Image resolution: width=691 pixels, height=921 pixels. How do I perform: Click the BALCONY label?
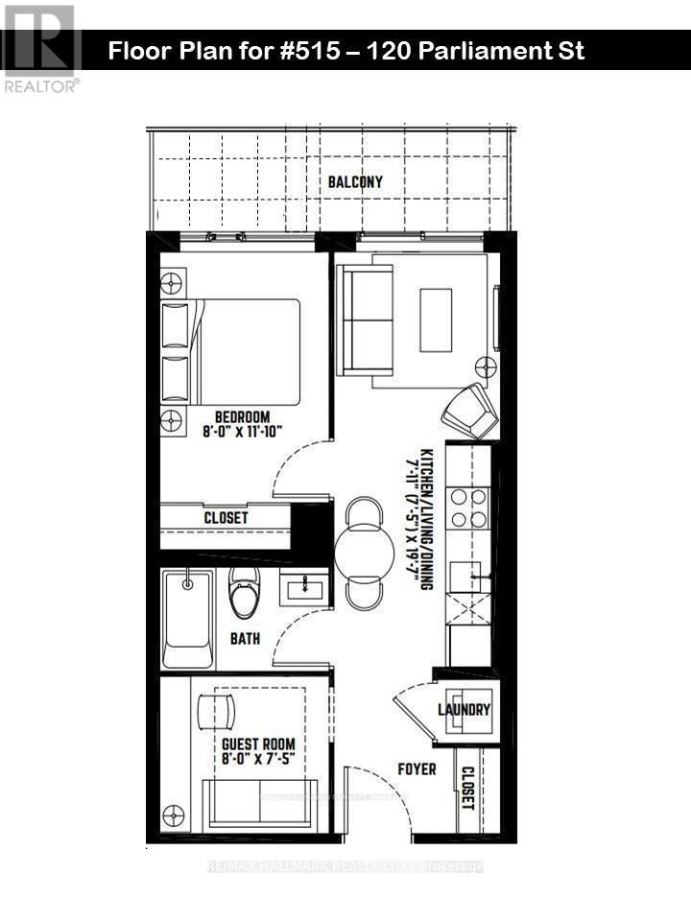coord(355,182)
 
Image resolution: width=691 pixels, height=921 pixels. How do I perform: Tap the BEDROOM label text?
coord(242,417)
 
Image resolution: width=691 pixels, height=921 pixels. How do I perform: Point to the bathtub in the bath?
coord(187,619)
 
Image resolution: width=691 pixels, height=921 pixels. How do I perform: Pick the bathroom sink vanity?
coord(304,586)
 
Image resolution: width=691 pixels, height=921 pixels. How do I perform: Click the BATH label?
coord(245,637)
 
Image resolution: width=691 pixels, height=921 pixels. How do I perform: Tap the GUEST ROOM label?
coord(258,744)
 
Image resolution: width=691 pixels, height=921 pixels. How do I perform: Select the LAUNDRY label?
coord(465,711)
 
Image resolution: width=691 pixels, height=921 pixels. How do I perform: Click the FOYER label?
coord(416,769)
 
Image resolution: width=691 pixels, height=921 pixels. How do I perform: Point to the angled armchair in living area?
coord(470,411)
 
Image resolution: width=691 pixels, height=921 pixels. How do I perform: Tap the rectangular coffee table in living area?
coord(436,319)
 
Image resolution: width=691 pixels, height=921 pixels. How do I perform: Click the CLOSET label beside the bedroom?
coord(226,517)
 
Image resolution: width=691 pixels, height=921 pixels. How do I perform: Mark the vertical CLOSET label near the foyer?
coord(467,788)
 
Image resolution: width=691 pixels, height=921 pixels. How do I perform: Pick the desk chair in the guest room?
coord(215,711)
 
